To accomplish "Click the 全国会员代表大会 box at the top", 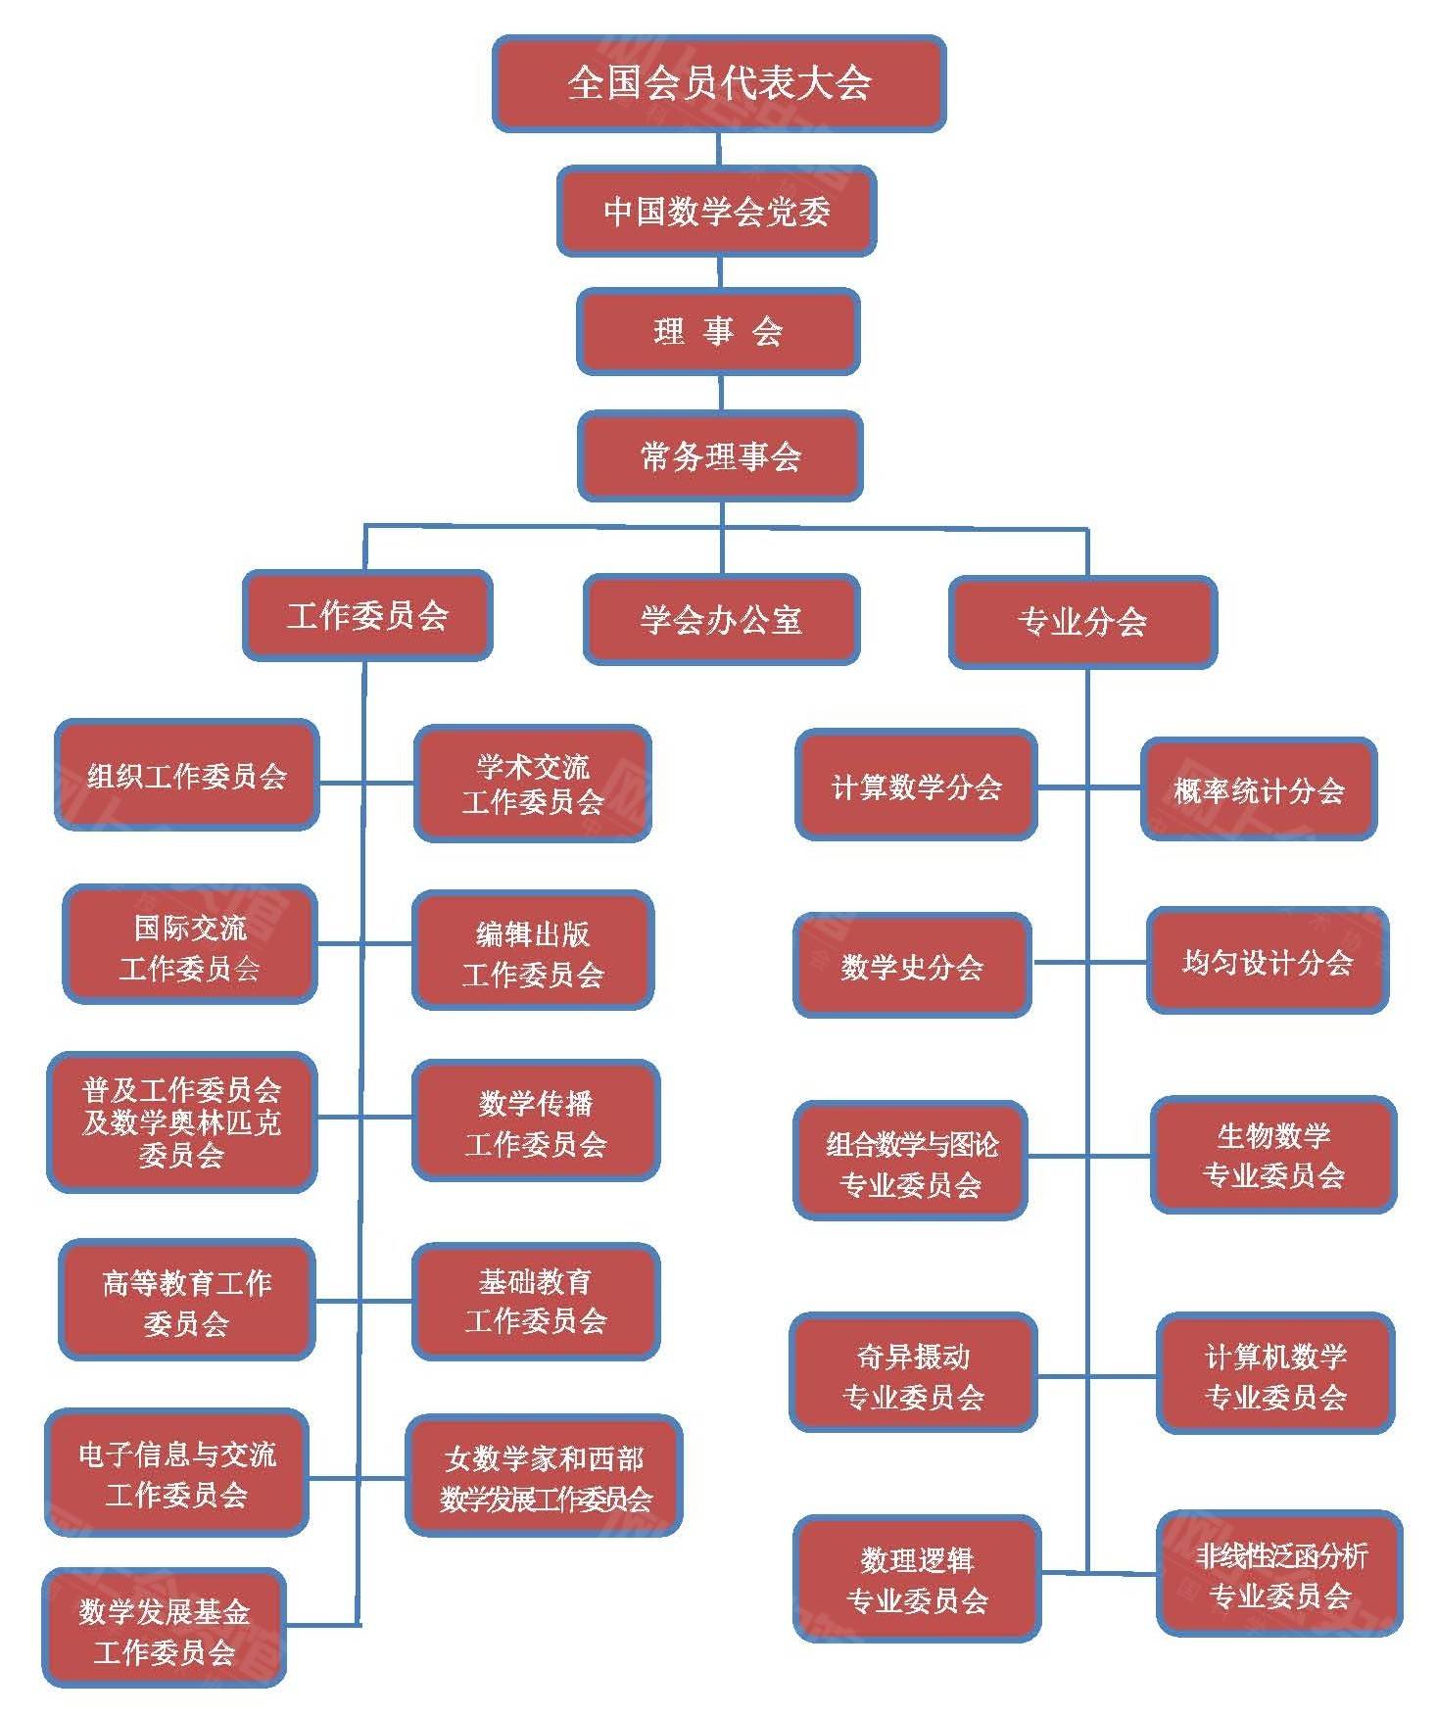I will [719, 83].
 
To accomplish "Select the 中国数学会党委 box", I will [716, 212].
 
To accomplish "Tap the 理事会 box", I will [718, 332].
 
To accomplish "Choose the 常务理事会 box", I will [720, 456].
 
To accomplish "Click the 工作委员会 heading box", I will [367, 616].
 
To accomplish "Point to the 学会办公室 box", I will [721, 620].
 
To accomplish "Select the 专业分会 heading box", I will [1082, 622].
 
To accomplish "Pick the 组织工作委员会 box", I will [186, 776].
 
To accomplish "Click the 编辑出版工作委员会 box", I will [533, 951].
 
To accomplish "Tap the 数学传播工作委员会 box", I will [536, 1121].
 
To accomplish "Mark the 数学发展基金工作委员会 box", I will [165, 1631].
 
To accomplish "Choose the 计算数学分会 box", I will [916, 786].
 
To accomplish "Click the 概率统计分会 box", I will [1259, 789].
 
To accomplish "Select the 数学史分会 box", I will [912, 967].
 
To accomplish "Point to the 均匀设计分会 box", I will [1268, 962].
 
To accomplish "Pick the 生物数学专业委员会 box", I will [1273, 1156].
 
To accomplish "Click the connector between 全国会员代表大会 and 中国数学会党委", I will [719, 149].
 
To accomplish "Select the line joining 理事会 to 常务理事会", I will [721, 393].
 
